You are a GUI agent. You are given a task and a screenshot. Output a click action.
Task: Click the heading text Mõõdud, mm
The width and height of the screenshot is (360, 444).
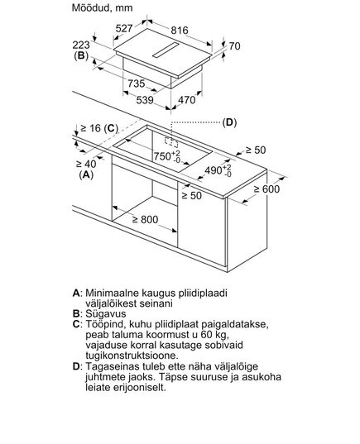(x=102, y=8)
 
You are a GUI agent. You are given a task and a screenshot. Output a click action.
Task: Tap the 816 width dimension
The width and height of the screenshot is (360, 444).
(x=180, y=31)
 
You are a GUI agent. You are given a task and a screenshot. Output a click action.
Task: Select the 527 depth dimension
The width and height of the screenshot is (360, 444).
(x=124, y=28)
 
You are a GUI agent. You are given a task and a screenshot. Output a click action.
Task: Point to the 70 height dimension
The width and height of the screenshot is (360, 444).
(x=234, y=45)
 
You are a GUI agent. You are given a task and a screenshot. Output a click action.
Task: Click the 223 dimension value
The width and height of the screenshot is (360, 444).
(x=81, y=45)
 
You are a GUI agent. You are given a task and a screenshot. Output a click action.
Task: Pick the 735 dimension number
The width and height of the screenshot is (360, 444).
(x=137, y=84)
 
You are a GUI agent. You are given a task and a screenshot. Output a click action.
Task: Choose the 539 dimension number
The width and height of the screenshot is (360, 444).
(x=145, y=100)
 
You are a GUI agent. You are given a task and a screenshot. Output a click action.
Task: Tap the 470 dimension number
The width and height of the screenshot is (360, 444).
(x=187, y=100)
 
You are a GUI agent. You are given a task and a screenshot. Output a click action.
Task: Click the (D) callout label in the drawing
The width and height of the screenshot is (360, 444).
(x=229, y=122)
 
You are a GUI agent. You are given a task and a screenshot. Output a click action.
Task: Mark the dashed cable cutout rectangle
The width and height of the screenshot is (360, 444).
(x=171, y=142)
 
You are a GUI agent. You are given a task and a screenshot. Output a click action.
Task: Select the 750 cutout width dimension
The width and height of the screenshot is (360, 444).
(x=167, y=156)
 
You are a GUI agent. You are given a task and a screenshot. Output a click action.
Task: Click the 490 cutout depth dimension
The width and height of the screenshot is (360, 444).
(x=218, y=170)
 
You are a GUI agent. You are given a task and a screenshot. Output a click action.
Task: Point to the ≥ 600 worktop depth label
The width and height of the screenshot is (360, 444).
(x=266, y=189)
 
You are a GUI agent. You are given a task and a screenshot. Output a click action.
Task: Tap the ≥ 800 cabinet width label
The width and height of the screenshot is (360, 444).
(x=145, y=219)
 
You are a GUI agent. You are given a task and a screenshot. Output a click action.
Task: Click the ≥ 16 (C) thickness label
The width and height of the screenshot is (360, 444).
(x=99, y=128)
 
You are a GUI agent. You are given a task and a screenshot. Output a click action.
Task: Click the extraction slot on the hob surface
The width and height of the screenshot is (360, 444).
(x=166, y=50)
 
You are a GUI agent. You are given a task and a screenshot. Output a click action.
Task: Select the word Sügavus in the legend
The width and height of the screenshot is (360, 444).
(x=106, y=314)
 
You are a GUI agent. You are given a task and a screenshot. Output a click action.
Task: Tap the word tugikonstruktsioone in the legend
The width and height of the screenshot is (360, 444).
(x=132, y=356)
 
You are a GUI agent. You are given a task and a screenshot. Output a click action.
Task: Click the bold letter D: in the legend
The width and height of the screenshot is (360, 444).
(x=78, y=366)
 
